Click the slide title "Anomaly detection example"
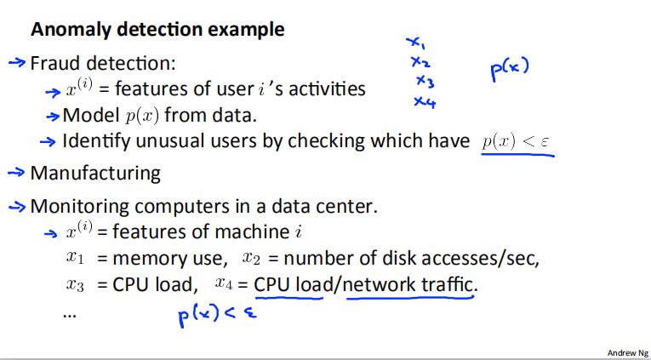[157, 30]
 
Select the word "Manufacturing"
[95, 174]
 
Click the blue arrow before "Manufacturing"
[17, 173]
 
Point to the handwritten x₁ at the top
[414, 42]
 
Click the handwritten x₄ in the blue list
[425, 101]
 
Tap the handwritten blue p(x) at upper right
[510, 70]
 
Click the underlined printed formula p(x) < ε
[517, 141]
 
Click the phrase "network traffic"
[408, 283]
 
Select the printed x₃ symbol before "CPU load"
[76, 285]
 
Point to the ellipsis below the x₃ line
[70, 313]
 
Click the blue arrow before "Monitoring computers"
[17, 206]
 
